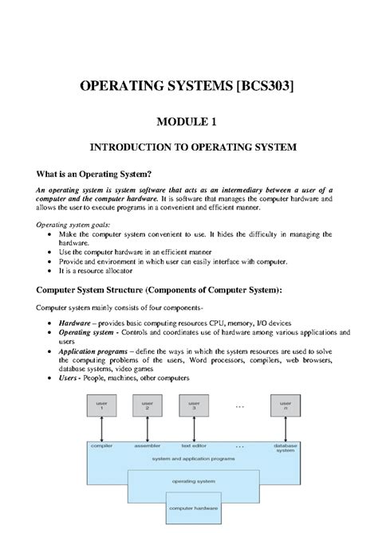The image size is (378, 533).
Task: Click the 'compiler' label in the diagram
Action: (x=102, y=446)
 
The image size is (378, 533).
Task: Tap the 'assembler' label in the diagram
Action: (x=149, y=446)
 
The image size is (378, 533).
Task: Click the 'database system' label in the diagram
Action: (x=285, y=449)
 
